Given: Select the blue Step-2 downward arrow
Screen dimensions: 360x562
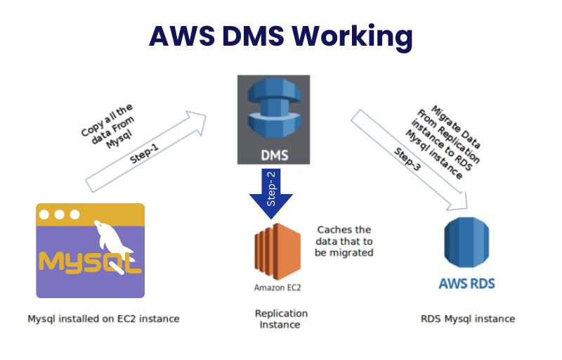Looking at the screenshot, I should [x=270, y=194].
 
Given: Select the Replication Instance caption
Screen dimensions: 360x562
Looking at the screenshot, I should [x=280, y=319].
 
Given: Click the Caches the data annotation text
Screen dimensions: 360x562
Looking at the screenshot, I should [x=345, y=241].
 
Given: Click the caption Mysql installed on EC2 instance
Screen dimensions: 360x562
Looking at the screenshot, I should [x=103, y=319].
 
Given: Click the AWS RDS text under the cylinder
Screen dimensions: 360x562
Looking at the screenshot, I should [x=466, y=284].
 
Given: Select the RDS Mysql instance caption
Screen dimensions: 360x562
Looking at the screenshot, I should [x=467, y=319].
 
